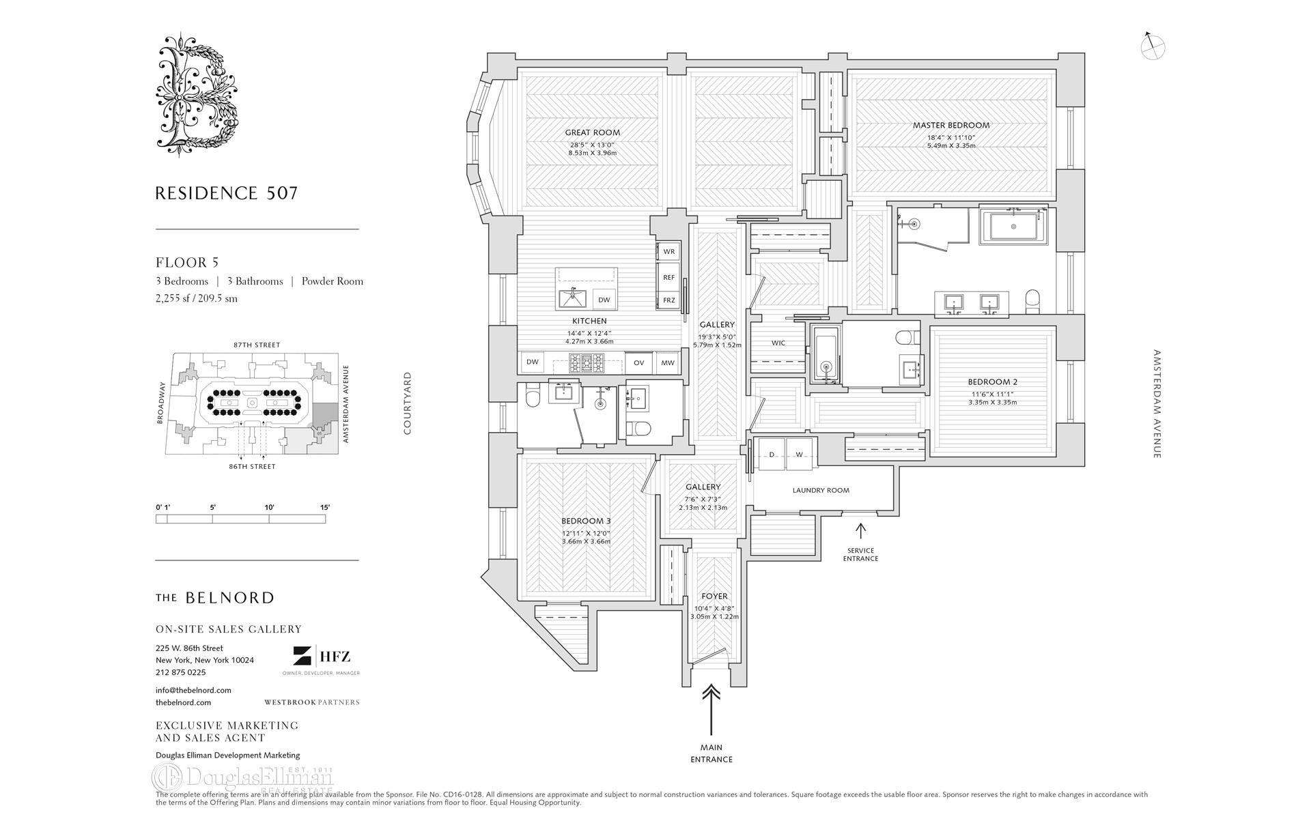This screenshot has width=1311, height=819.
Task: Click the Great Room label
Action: click(x=592, y=132)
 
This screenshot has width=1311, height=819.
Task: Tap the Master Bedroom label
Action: click(x=950, y=126)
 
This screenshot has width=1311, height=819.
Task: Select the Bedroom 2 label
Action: click(x=992, y=382)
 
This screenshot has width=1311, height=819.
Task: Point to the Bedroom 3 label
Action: click(x=586, y=521)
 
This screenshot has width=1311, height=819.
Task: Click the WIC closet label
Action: click(x=778, y=343)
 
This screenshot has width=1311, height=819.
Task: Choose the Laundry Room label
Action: click(x=821, y=490)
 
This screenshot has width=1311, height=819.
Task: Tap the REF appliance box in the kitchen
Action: click(x=668, y=278)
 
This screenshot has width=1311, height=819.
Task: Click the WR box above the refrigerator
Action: click(x=668, y=252)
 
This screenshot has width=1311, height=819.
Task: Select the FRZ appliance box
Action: click(x=668, y=300)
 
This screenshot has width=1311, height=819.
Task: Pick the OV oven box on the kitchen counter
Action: click(x=638, y=362)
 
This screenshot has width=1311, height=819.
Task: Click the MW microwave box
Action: click(x=668, y=362)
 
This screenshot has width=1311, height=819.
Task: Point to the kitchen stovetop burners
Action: click(x=587, y=362)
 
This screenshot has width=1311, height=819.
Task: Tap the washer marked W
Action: click(x=799, y=455)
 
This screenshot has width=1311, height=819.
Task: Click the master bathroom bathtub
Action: click(x=1014, y=226)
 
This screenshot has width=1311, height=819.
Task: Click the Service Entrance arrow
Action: click(x=860, y=530)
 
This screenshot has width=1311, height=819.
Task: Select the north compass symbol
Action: click(x=1152, y=46)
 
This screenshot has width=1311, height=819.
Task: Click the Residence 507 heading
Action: click(x=227, y=193)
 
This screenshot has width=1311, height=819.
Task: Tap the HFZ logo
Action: click(x=322, y=657)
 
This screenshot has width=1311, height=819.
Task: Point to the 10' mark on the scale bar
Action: click(x=269, y=508)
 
